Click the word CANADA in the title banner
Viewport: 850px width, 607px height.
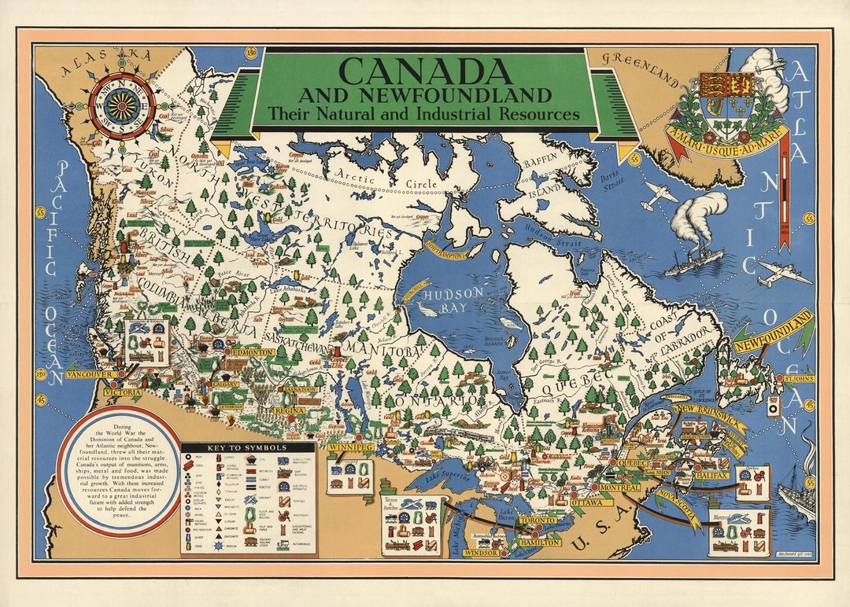pos(426,72)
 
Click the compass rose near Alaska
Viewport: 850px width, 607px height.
pos(122,106)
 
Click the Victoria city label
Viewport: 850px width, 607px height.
pos(124,392)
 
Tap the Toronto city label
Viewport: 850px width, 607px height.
pos(538,521)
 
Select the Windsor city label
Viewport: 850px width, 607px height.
pos(480,553)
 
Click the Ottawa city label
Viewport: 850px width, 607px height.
pos(586,502)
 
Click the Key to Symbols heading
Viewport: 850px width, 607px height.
pos(248,451)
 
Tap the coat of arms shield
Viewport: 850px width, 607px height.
pos(726,98)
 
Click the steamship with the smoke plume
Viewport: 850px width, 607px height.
pos(693,259)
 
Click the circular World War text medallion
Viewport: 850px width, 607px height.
pos(120,471)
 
